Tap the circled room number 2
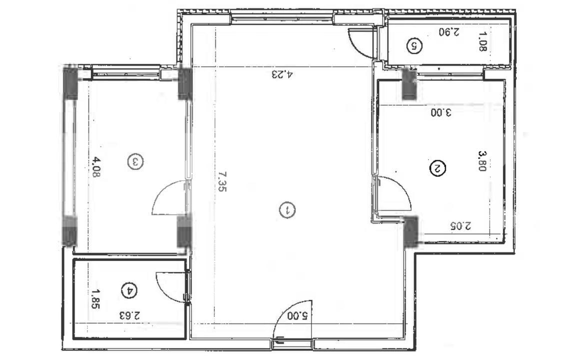point(438,168)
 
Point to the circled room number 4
point(129,289)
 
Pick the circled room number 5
point(415,46)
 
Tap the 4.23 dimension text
point(282,75)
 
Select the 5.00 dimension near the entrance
point(299,316)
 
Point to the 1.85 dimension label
point(95,298)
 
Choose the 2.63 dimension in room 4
point(129,316)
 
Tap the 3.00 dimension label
point(441,113)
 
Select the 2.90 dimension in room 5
point(449,32)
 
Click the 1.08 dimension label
point(483,42)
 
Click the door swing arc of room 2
point(397,192)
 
